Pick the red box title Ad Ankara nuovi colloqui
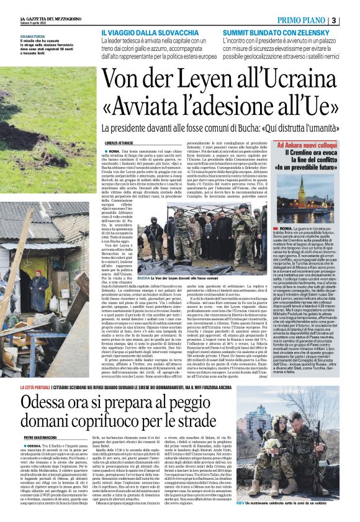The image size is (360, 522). (x=311, y=145)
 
